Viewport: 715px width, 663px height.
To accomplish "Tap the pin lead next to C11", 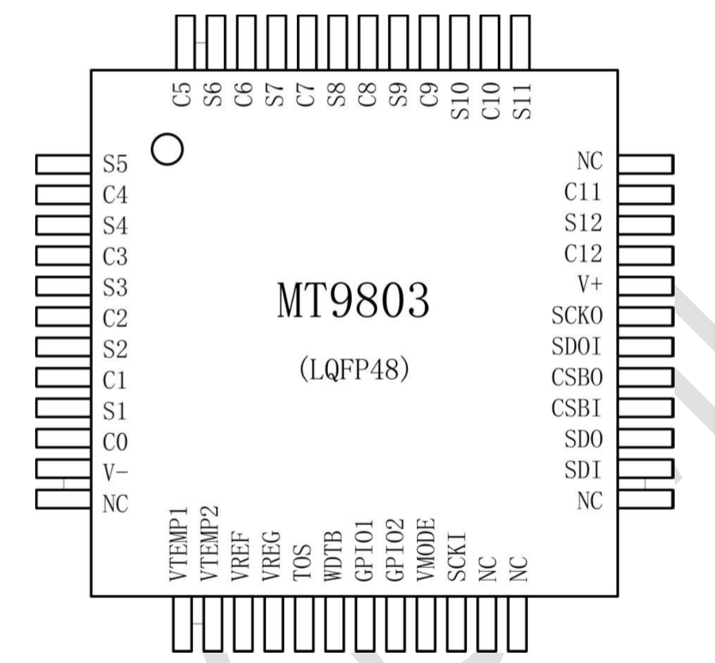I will click(645, 193).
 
